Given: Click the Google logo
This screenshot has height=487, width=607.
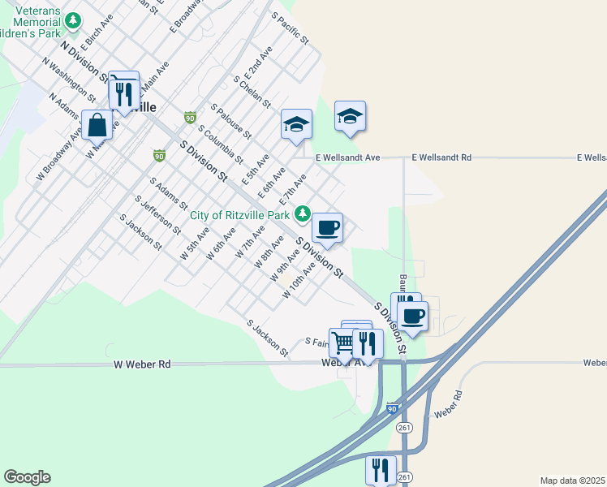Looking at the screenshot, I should coord(27,477).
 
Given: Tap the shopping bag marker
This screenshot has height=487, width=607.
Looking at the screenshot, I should coord(97,126).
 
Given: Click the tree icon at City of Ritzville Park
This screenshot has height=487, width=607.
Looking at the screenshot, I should coord(303,214).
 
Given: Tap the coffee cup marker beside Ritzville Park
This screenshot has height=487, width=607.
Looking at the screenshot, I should coord(327,227).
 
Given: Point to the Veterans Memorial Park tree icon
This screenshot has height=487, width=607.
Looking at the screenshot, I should coord(74,19).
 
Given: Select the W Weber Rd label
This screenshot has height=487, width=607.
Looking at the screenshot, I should coord(142,365).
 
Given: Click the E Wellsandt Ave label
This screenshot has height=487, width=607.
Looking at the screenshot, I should coord(347,157).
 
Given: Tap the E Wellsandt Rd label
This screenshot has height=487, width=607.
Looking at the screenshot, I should coord(441,157).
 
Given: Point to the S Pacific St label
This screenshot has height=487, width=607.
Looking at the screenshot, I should coord(291,28).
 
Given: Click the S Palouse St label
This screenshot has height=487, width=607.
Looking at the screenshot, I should coord(231,120).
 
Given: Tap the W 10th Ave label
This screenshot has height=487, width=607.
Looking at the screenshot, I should coord(299,281).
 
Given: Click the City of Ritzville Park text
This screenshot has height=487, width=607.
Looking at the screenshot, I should coord(241,215).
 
